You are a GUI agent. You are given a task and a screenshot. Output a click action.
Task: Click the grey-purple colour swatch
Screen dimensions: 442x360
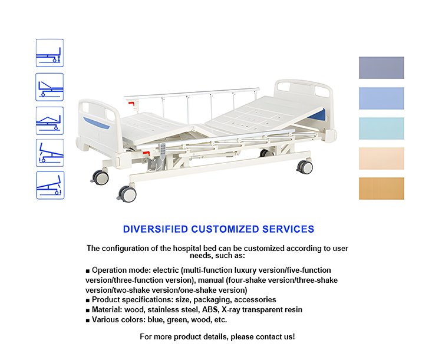381,68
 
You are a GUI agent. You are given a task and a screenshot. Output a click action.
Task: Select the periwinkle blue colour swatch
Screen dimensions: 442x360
381,98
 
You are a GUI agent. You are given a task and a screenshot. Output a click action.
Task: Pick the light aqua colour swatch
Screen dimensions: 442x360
381,128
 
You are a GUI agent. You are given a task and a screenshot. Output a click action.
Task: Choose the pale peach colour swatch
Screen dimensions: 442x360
381,158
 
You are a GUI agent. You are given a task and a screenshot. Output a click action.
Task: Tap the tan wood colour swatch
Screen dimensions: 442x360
381,189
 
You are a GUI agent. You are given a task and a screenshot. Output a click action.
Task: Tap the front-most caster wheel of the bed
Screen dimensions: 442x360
127,194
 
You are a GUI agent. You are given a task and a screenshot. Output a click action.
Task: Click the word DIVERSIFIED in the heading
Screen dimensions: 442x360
156,229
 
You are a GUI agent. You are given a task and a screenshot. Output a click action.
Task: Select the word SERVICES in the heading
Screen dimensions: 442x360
288,229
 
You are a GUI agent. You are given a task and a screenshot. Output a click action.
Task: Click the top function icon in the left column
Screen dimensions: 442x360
50,53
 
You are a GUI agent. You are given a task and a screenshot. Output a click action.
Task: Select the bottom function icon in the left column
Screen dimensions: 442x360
50,185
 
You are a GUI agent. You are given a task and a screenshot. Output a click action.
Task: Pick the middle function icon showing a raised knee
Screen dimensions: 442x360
50,121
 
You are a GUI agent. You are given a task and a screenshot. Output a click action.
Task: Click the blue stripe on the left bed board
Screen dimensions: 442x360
96,123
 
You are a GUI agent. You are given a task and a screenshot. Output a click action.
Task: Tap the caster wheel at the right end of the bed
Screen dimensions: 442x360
305,167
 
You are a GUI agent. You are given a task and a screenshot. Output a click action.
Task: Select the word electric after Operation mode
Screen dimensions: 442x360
166,270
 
